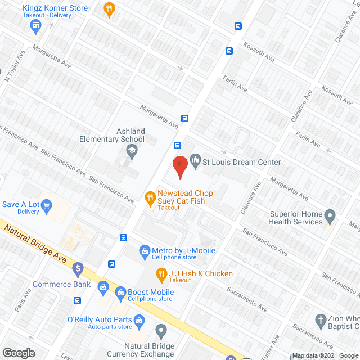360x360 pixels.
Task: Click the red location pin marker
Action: [179, 166]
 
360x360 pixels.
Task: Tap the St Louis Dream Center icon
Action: [195, 162]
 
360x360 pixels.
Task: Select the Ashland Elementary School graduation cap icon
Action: [131, 150]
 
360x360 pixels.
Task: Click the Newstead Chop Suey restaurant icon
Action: [150, 197]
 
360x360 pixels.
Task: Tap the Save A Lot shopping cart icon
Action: [47, 206]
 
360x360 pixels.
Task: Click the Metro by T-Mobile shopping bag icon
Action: [144, 250]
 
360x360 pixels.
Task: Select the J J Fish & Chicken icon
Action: [161, 275]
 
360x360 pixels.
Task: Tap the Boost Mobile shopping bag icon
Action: [120, 292]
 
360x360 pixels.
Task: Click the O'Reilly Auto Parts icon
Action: [140, 320]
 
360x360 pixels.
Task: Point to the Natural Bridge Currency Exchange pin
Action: [161, 331]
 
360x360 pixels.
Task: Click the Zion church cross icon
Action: [321, 321]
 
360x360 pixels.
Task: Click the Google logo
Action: [19, 353]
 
